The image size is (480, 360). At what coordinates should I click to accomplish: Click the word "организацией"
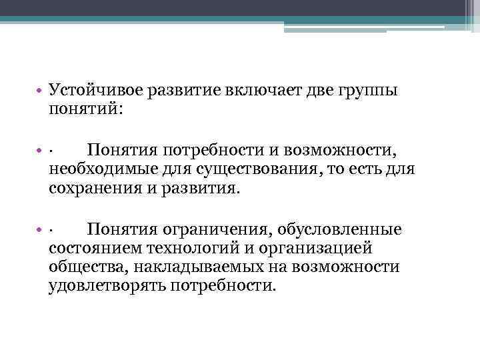coord(307,249)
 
